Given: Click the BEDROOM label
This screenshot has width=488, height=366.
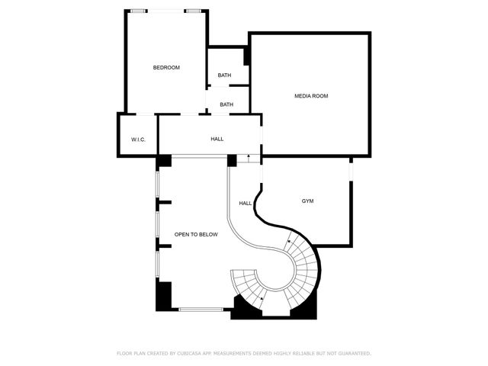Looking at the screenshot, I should click(x=166, y=68).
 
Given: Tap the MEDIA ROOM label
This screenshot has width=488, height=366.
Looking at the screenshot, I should click(x=311, y=95).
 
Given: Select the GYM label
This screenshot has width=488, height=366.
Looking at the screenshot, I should click(x=307, y=201).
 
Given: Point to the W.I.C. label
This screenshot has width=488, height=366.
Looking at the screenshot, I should click(x=138, y=140).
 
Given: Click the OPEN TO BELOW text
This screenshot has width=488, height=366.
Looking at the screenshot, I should click(x=196, y=234).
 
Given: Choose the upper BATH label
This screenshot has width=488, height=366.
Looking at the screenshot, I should click(x=224, y=75).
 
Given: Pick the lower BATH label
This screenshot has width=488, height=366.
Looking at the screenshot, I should click(x=226, y=104).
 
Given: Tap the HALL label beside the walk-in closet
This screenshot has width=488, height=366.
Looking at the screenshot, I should click(x=217, y=140).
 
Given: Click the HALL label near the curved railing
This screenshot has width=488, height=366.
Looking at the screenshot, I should click(x=245, y=203).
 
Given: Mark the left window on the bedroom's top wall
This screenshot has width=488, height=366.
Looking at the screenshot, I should click(x=138, y=11).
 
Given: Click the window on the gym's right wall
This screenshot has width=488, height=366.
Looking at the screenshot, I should click(x=351, y=171).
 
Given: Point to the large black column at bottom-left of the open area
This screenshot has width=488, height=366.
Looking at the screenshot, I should click(x=164, y=295).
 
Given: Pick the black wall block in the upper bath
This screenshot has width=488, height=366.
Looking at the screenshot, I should click(x=247, y=56).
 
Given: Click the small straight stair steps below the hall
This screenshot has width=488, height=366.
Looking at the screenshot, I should click(x=248, y=159).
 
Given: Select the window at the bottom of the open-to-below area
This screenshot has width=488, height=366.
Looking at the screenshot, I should click(x=201, y=309).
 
